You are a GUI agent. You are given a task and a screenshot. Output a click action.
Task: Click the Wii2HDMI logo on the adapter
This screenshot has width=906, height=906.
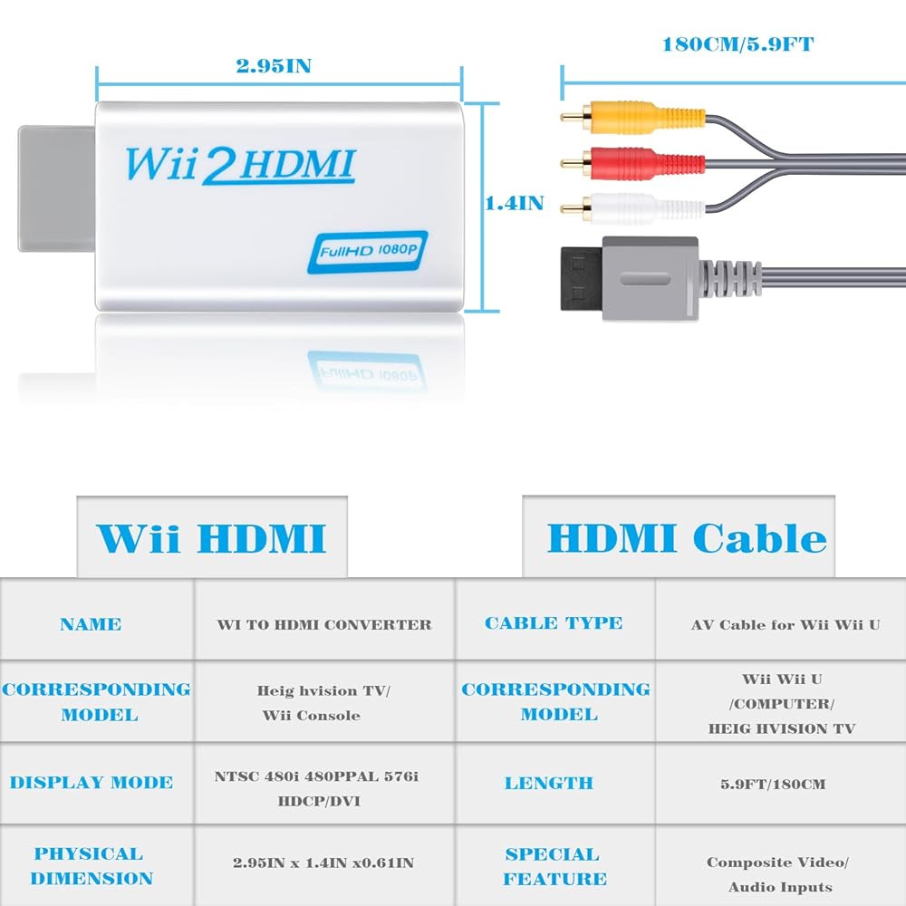coord(240,165)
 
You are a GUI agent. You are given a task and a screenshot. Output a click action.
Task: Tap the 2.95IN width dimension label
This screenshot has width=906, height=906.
coord(274,66)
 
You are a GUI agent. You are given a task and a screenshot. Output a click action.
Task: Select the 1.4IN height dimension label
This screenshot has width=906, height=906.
coord(515,203)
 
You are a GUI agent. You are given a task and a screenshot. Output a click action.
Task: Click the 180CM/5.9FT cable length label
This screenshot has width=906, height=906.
coord(731,43)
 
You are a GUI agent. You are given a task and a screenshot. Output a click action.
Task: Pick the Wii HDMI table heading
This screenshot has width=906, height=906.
coord(211,538)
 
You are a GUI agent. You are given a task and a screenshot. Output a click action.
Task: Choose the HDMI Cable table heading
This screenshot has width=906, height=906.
coord(687,538)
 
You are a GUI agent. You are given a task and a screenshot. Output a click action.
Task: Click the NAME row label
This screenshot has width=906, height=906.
coord(91,624)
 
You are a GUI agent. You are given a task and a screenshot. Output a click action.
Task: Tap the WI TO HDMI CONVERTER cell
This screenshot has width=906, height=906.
coord(324,624)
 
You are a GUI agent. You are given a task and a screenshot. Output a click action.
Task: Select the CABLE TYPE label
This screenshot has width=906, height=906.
coord(554,623)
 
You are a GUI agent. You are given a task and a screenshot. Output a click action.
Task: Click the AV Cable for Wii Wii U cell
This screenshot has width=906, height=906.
coord(785,624)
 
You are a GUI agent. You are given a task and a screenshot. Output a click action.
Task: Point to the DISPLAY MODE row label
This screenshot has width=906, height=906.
coord(91,783)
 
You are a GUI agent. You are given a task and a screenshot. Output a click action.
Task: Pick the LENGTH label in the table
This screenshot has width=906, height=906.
coord(548,783)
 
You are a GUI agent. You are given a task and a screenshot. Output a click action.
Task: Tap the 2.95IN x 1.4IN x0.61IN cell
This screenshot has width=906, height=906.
coord(324,863)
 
